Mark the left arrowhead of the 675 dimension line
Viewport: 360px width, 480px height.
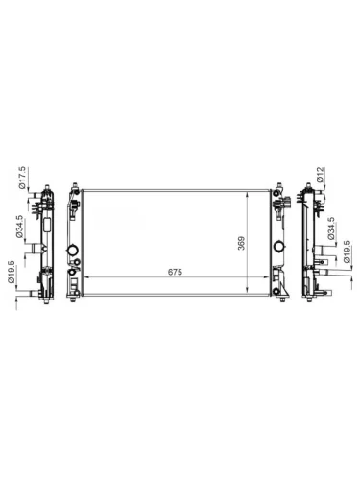coord(86,279)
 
